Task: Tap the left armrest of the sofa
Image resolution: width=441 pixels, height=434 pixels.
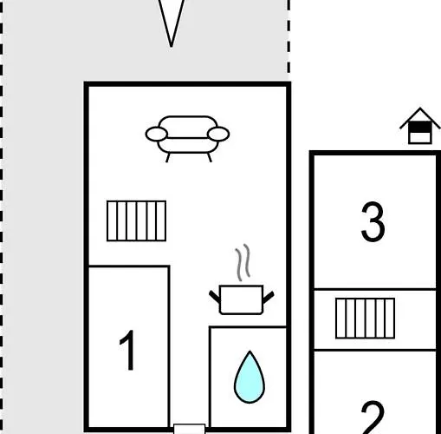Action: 157,134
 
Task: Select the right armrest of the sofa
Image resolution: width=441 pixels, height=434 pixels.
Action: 218,134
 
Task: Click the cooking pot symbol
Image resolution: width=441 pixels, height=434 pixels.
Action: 242,299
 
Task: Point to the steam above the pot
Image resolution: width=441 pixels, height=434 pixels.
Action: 243,263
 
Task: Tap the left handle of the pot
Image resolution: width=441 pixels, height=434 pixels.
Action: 215,297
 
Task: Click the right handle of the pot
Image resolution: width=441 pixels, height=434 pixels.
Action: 269,297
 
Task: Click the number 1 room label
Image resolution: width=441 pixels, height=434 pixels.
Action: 127,350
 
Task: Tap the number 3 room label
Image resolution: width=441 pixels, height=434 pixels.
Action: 373,221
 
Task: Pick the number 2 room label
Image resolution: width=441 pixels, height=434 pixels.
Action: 373,418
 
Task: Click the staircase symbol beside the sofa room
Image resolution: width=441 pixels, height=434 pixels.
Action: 136,220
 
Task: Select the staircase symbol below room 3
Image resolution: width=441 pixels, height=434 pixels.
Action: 365,318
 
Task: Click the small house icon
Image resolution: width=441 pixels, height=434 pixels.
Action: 420,126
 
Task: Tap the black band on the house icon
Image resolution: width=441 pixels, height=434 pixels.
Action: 420,128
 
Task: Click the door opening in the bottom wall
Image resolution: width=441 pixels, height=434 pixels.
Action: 190,429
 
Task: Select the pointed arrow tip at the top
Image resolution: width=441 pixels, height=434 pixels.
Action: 172,46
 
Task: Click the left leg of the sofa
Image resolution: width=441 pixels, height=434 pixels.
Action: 168,157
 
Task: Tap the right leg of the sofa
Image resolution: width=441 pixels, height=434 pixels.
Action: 210,157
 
